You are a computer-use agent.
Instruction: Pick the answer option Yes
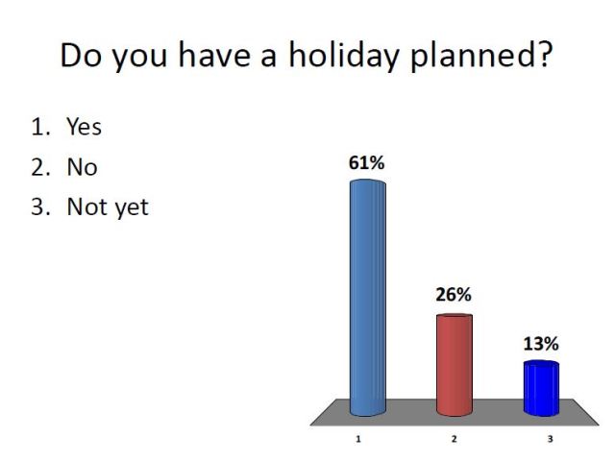pos(84,126)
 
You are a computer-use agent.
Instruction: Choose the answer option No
pos(82,166)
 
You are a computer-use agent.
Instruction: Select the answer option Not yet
pos(107,207)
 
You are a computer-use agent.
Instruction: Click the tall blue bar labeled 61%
pos(368,298)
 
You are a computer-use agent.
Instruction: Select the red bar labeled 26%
pos(455,364)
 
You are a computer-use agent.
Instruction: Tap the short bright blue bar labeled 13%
pos(541,389)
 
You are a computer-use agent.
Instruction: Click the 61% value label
pos(366,163)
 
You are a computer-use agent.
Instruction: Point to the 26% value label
pos(453,295)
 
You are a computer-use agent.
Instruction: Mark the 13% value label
pos(540,343)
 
